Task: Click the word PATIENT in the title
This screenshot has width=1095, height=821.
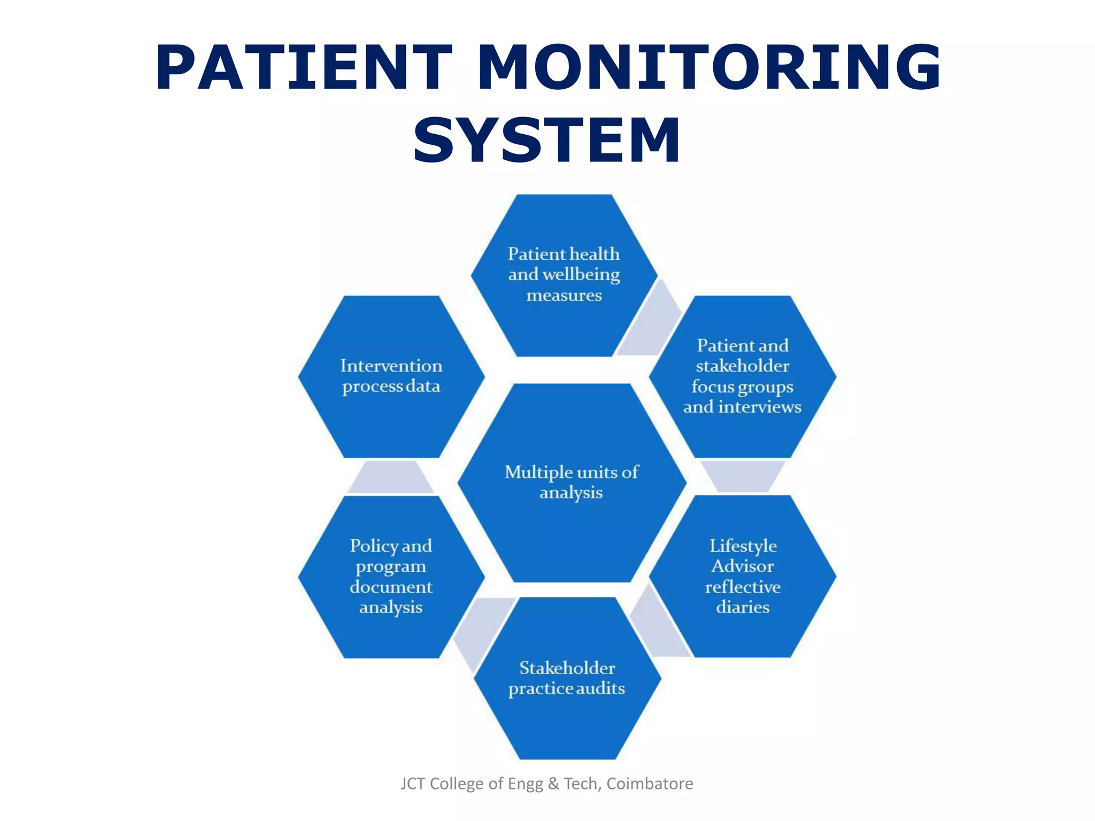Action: [x=304, y=68]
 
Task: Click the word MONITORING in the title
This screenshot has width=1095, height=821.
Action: [x=708, y=68]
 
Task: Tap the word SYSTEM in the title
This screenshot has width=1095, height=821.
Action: [x=547, y=140]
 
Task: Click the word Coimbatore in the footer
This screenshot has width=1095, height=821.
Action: [x=650, y=784]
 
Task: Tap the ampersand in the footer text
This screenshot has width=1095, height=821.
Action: [x=553, y=784]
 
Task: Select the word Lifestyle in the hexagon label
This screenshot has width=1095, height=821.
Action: [x=743, y=546]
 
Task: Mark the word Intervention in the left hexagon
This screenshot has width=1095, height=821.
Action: [x=391, y=366]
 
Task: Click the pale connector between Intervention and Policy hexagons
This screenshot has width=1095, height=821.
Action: [x=391, y=477]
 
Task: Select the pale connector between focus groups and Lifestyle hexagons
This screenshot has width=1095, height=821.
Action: [x=743, y=475]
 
